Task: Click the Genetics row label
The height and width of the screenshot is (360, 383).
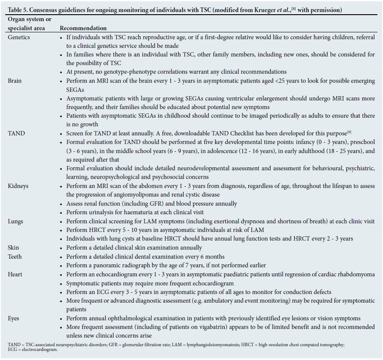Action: pyautogui.click(x=19, y=37)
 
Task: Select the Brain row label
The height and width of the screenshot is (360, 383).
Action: pyautogui.click(x=15, y=81)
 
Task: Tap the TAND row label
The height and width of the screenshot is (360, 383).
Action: pyautogui.click(x=16, y=133)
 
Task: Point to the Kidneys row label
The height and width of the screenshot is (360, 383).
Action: pyautogui.click(x=18, y=186)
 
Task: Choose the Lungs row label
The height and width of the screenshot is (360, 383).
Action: pyautogui.click(x=16, y=221)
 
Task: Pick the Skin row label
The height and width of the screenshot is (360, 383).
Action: pyautogui.click(x=14, y=247)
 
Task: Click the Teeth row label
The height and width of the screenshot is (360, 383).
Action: pyautogui.click(x=15, y=257)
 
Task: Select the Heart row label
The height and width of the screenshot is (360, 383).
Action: pyautogui.click(x=15, y=274)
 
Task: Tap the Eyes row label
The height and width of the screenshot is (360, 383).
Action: pyautogui.click(x=14, y=318)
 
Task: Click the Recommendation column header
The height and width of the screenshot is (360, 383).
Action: pyautogui.click(x=83, y=28)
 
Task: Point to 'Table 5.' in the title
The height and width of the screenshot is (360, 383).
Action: pyautogui.click(x=19, y=10)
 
